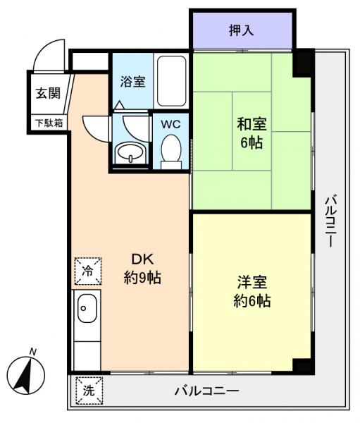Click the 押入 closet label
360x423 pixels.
click(x=241, y=30)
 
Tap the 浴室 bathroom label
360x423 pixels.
click(x=132, y=82)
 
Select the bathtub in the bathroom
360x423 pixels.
click(x=171, y=81)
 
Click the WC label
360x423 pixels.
click(x=170, y=124)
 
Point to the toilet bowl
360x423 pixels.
click(x=171, y=152)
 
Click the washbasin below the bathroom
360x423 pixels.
click(x=131, y=153)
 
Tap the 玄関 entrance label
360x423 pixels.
click(x=48, y=93)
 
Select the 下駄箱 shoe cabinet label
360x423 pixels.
click(x=49, y=123)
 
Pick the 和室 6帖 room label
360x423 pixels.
click(x=252, y=133)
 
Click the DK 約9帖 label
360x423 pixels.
click(x=142, y=269)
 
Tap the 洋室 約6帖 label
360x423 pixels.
click(x=252, y=291)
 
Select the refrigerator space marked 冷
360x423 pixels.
click(x=88, y=271)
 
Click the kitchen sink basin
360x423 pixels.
click(x=87, y=308)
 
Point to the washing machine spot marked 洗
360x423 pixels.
click(x=89, y=391)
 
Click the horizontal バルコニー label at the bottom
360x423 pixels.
click(x=207, y=391)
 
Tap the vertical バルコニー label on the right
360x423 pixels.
click(x=330, y=221)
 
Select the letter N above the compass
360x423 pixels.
click(x=33, y=352)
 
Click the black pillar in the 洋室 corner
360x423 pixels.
click(x=302, y=365)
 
